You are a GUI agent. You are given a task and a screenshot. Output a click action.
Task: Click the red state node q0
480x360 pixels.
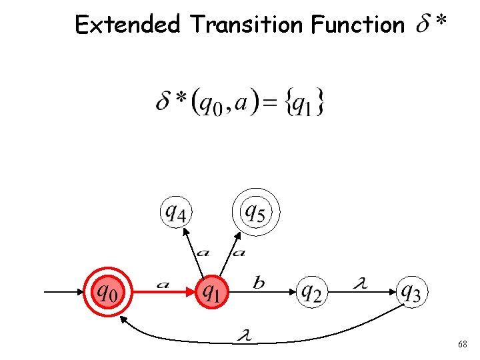pyautogui.click(x=107, y=291)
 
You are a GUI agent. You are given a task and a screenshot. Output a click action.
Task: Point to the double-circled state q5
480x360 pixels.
pyautogui.click(x=255, y=213)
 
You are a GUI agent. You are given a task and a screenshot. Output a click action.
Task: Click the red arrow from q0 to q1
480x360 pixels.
pyautogui.click(x=163, y=291)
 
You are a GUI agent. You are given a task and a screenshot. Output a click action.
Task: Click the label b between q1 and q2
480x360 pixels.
pyautogui.click(x=259, y=284)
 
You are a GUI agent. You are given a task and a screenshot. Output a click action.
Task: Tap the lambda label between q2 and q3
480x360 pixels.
pyautogui.click(x=361, y=284)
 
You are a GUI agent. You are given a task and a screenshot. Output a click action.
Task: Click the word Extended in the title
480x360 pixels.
pyautogui.click(x=127, y=25)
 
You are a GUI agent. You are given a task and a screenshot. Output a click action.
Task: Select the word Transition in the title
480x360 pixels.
pyautogui.click(x=246, y=25)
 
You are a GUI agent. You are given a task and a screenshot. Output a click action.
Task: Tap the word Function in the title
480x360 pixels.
pyautogui.click(x=357, y=25)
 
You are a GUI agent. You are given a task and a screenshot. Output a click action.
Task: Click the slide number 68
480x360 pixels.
pyautogui.click(x=462, y=344)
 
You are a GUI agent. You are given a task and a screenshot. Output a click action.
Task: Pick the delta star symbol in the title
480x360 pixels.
pyautogui.click(x=431, y=25)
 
